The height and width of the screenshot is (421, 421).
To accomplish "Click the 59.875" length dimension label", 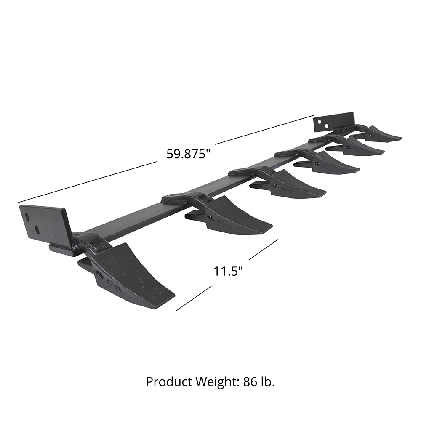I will pos(188,154).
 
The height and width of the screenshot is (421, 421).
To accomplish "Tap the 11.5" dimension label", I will pos(228,272).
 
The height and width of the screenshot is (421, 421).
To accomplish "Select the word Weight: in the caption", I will pos(218,381).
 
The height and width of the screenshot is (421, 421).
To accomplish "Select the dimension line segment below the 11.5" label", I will pos(194,298).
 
